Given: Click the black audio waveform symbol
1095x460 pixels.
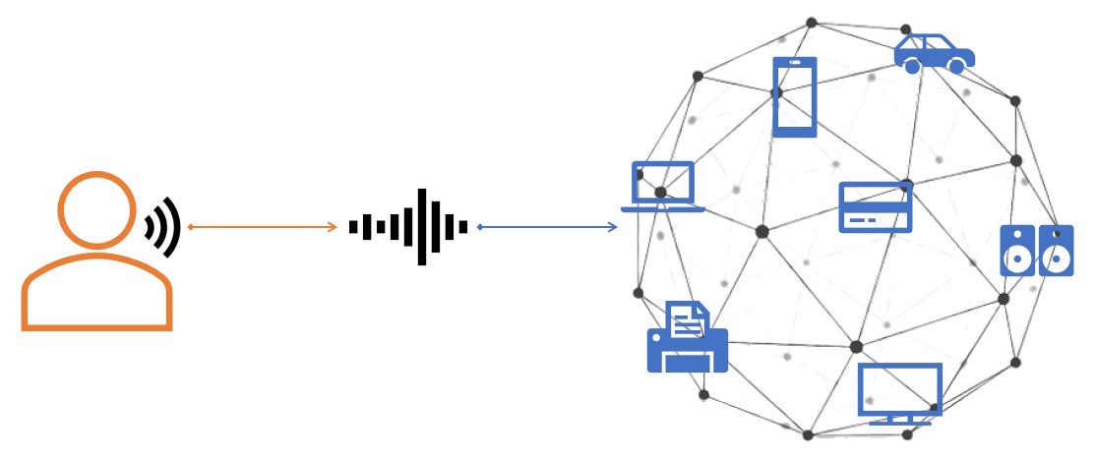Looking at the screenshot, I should pyautogui.click(x=407, y=227).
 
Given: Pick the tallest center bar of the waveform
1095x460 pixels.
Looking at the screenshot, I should pyautogui.click(x=421, y=227).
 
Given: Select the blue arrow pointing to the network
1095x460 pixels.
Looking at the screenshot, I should pyautogui.click(x=547, y=227).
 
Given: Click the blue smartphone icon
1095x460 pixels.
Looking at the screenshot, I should pyautogui.click(x=795, y=96).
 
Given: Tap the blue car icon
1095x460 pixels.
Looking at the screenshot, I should pyautogui.click(x=934, y=53).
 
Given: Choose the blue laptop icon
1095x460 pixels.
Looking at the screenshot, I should pyautogui.click(x=662, y=187).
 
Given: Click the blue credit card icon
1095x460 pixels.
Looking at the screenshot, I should pyautogui.click(x=875, y=206).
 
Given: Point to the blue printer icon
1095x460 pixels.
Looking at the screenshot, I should pyautogui.click(x=687, y=338).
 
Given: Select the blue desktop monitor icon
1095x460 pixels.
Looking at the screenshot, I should pyautogui.click(x=900, y=393).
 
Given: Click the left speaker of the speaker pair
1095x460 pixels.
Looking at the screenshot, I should pyautogui.click(x=1016, y=251).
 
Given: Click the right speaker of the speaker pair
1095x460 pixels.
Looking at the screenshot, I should pyautogui.click(x=1056, y=251).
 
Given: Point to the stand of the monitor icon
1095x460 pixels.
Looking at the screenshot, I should pyautogui.click(x=900, y=420).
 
